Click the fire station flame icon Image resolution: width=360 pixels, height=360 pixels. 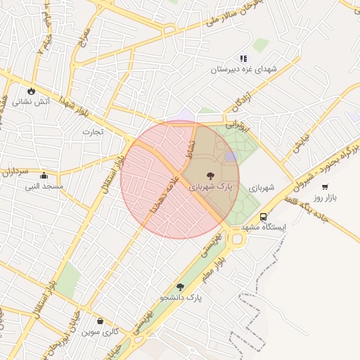(31, 91)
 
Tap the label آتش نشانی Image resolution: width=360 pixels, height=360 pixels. (34, 103)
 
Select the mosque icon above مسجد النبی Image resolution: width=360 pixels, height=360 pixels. (44, 175)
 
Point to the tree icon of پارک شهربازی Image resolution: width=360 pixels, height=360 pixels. (209, 176)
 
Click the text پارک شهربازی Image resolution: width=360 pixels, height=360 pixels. (209, 188)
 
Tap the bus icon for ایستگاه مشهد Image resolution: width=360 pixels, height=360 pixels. (263, 217)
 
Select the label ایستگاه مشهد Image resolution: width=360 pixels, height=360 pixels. (264, 228)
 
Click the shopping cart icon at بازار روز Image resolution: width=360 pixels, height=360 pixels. (325, 186)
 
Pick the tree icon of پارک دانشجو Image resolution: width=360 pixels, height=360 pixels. (181, 287)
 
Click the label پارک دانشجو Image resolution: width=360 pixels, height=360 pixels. (181, 298)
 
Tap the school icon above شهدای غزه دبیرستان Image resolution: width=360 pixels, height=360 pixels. (243, 58)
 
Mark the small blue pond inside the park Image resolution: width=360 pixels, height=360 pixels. (231, 157)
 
